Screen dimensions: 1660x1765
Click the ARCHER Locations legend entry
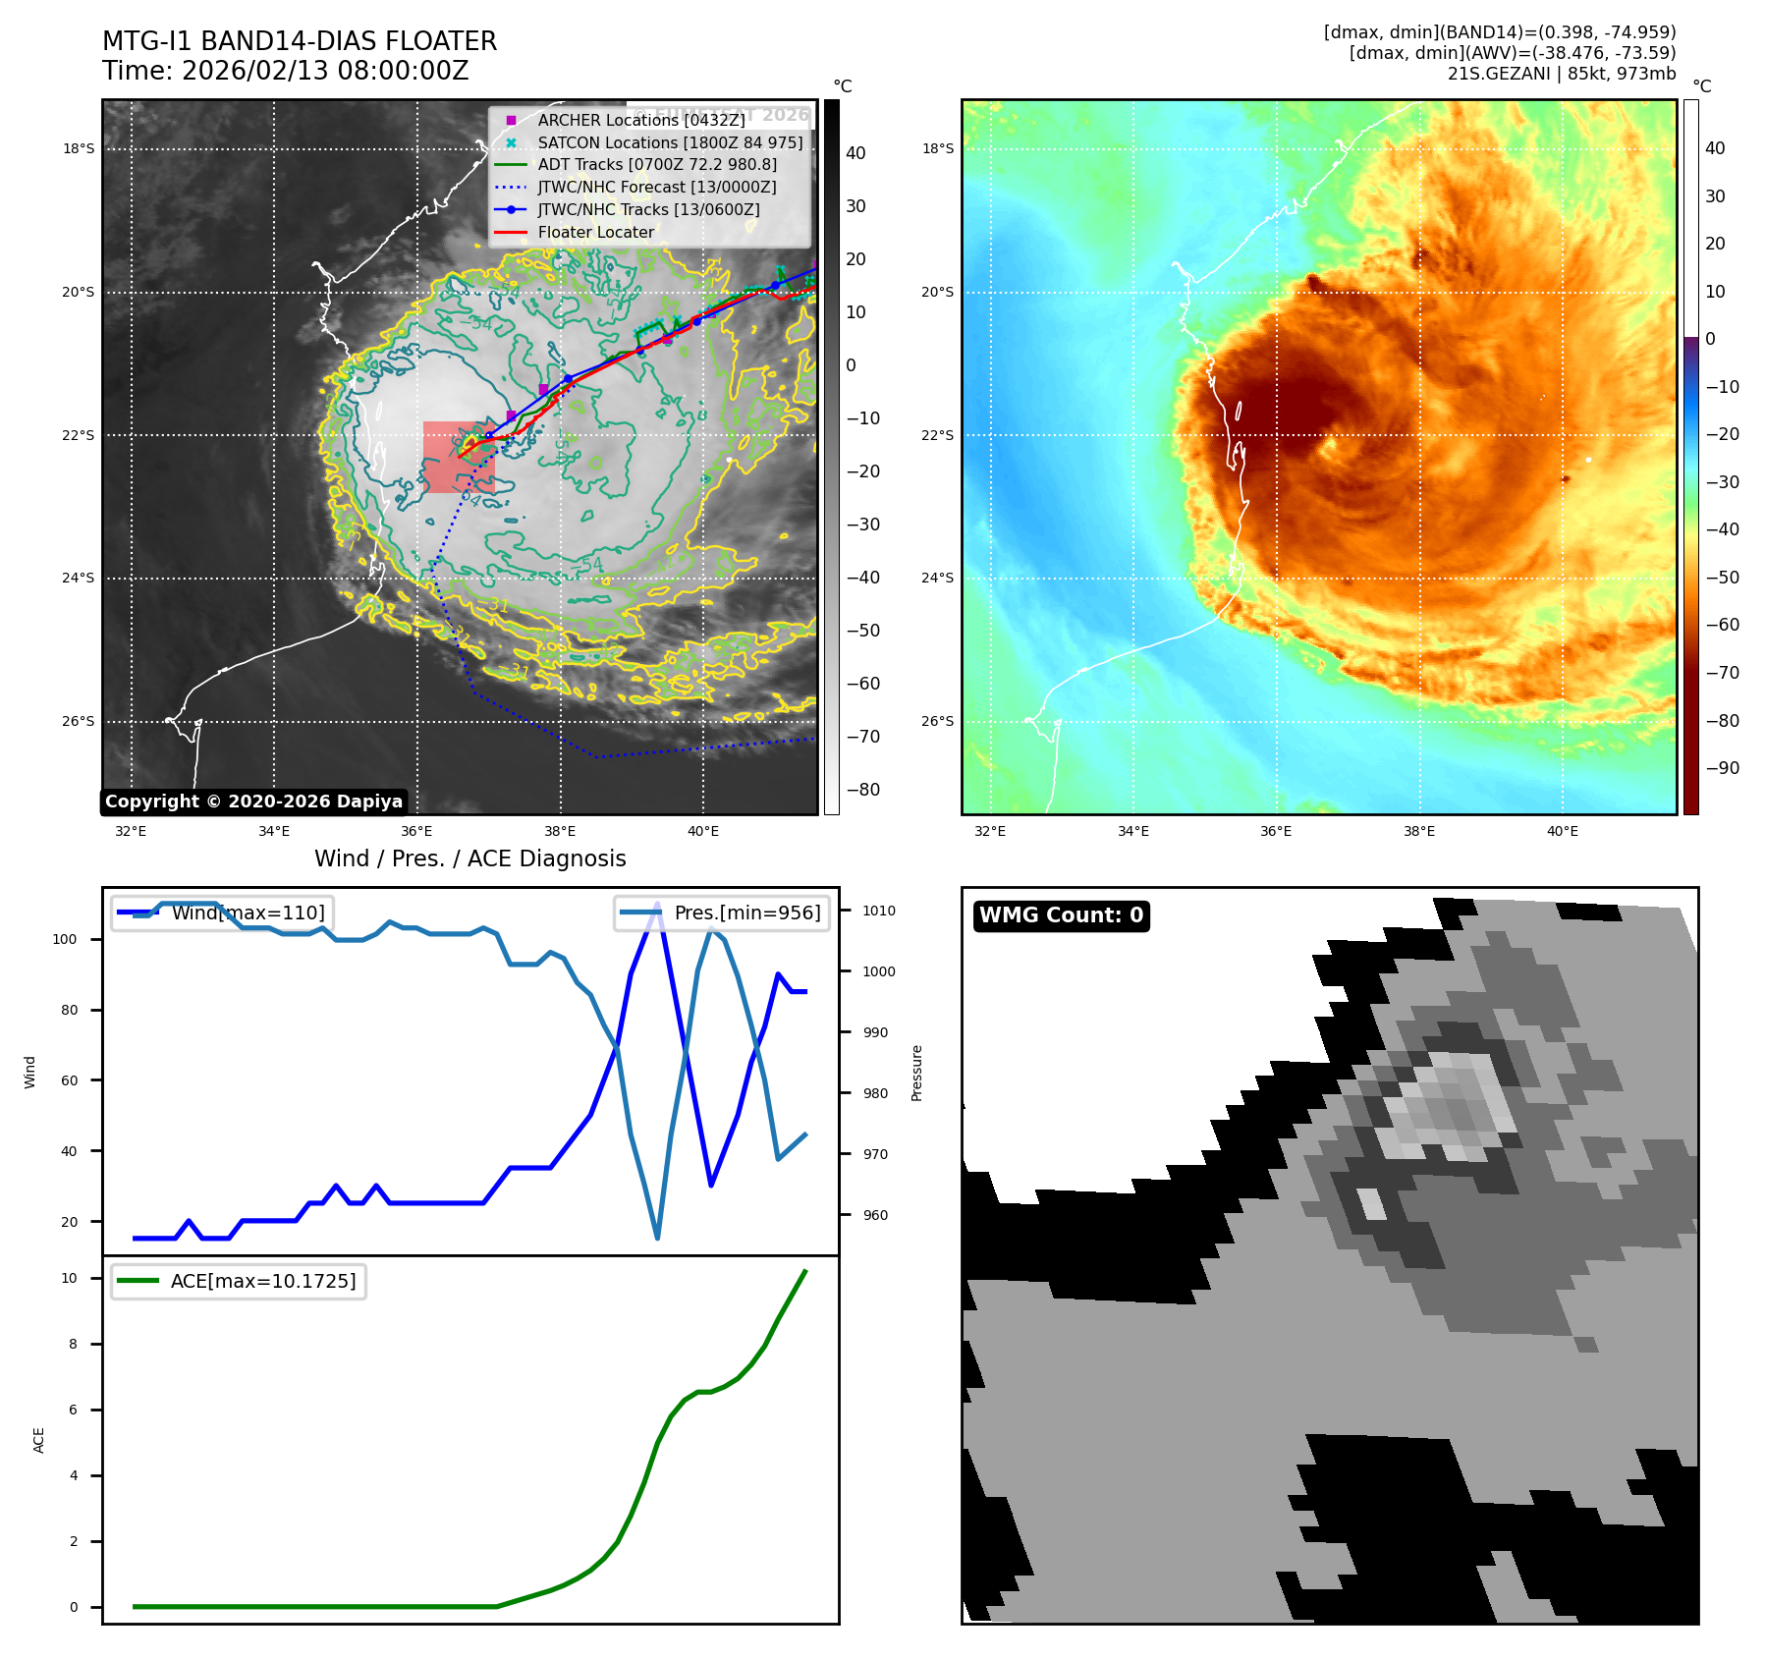(x=640, y=120)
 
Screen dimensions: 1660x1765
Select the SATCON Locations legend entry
(x=670, y=142)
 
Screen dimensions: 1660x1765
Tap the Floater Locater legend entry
(x=595, y=232)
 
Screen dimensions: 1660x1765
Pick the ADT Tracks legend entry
(x=656, y=164)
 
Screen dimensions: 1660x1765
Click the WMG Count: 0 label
(x=1061, y=915)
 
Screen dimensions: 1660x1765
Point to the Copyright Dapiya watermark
(x=253, y=802)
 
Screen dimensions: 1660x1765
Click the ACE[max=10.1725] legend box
(x=239, y=1281)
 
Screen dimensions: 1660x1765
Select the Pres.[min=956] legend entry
(x=723, y=913)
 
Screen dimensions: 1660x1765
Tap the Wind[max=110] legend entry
(x=223, y=913)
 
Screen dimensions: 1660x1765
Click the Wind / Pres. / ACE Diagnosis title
(x=469, y=858)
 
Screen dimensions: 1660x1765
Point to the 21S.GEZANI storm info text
(x=1561, y=74)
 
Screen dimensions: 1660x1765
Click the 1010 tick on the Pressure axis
(x=878, y=911)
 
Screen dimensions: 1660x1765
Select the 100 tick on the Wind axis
(x=65, y=939)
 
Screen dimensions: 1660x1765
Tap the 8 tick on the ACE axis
(x=73, y=1344)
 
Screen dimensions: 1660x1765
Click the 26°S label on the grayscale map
(x=79, y=721)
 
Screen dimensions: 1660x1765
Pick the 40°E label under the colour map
(x=1562, y=831)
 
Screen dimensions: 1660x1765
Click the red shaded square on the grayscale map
(x=459, y=457)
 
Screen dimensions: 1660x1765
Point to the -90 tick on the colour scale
(x=1722, y=768)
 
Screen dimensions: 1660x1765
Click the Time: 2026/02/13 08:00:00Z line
(x=286, y=71)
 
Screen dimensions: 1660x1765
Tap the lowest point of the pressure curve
(x=657, y=1238)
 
